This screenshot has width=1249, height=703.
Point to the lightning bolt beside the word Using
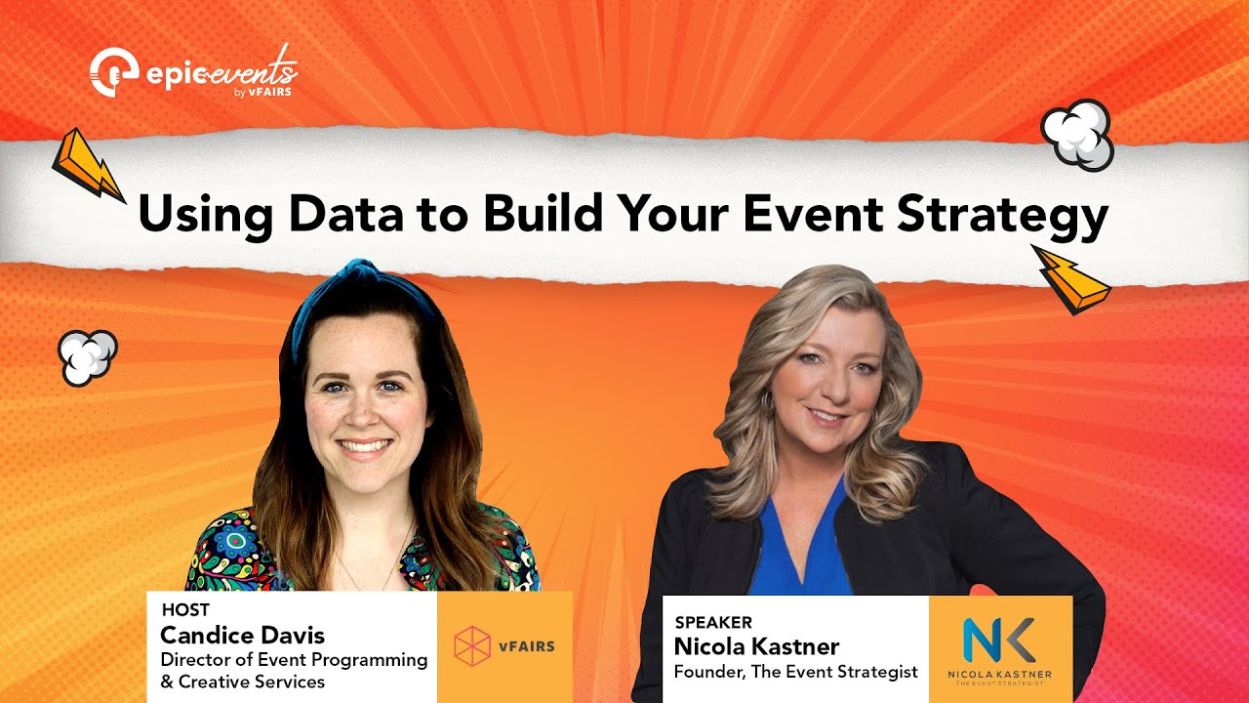point(87,164)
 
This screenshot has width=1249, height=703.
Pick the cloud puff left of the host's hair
point(88,356)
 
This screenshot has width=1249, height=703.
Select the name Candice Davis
point(242,636)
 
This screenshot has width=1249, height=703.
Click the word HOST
point(185,611)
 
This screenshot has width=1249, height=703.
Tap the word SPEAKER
point(713,622)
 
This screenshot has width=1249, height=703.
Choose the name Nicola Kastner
point(756,646)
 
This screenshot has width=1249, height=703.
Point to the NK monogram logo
point(999,641)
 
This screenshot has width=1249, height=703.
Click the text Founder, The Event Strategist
point(795,672)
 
